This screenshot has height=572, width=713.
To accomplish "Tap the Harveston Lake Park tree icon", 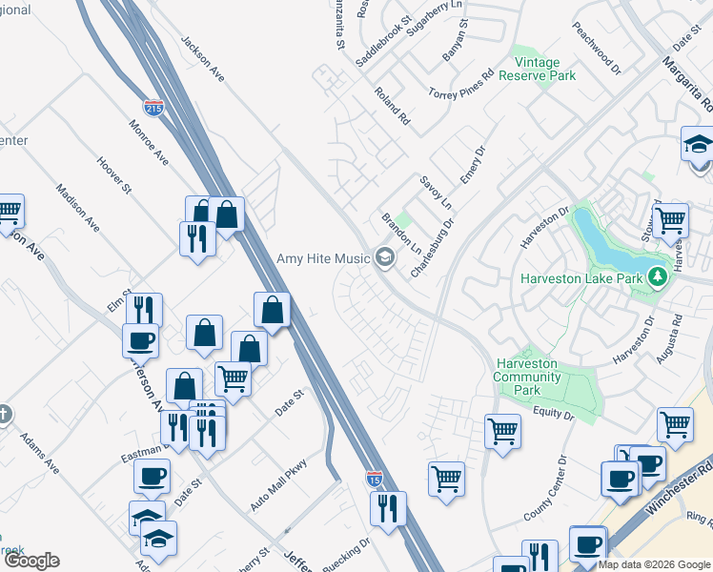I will (656, 278).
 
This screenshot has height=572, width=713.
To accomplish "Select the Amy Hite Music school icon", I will (385, 258).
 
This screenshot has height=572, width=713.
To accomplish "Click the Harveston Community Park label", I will (526, 377).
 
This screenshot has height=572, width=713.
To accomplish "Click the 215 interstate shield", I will (153, 107).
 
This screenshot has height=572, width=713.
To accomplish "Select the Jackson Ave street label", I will (201, 58).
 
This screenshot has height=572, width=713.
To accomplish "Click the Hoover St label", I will (113, 173).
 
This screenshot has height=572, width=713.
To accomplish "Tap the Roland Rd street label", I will (392, 108).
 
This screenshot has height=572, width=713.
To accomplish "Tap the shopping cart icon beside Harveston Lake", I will (671, 219).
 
